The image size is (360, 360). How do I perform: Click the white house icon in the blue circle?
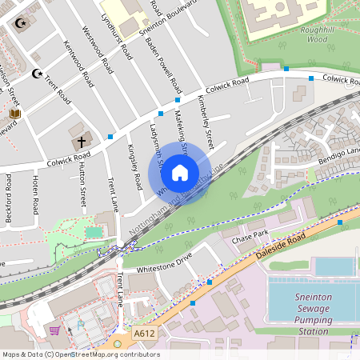(x=180, y=172)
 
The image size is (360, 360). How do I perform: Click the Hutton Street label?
(x=82, y=185)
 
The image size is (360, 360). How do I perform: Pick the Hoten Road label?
(x=34, y=194)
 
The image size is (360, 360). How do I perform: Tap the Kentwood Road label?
(x=76, y=64)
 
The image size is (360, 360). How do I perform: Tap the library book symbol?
(x=15, y=114)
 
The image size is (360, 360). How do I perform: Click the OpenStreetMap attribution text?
(x=80, y=354)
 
